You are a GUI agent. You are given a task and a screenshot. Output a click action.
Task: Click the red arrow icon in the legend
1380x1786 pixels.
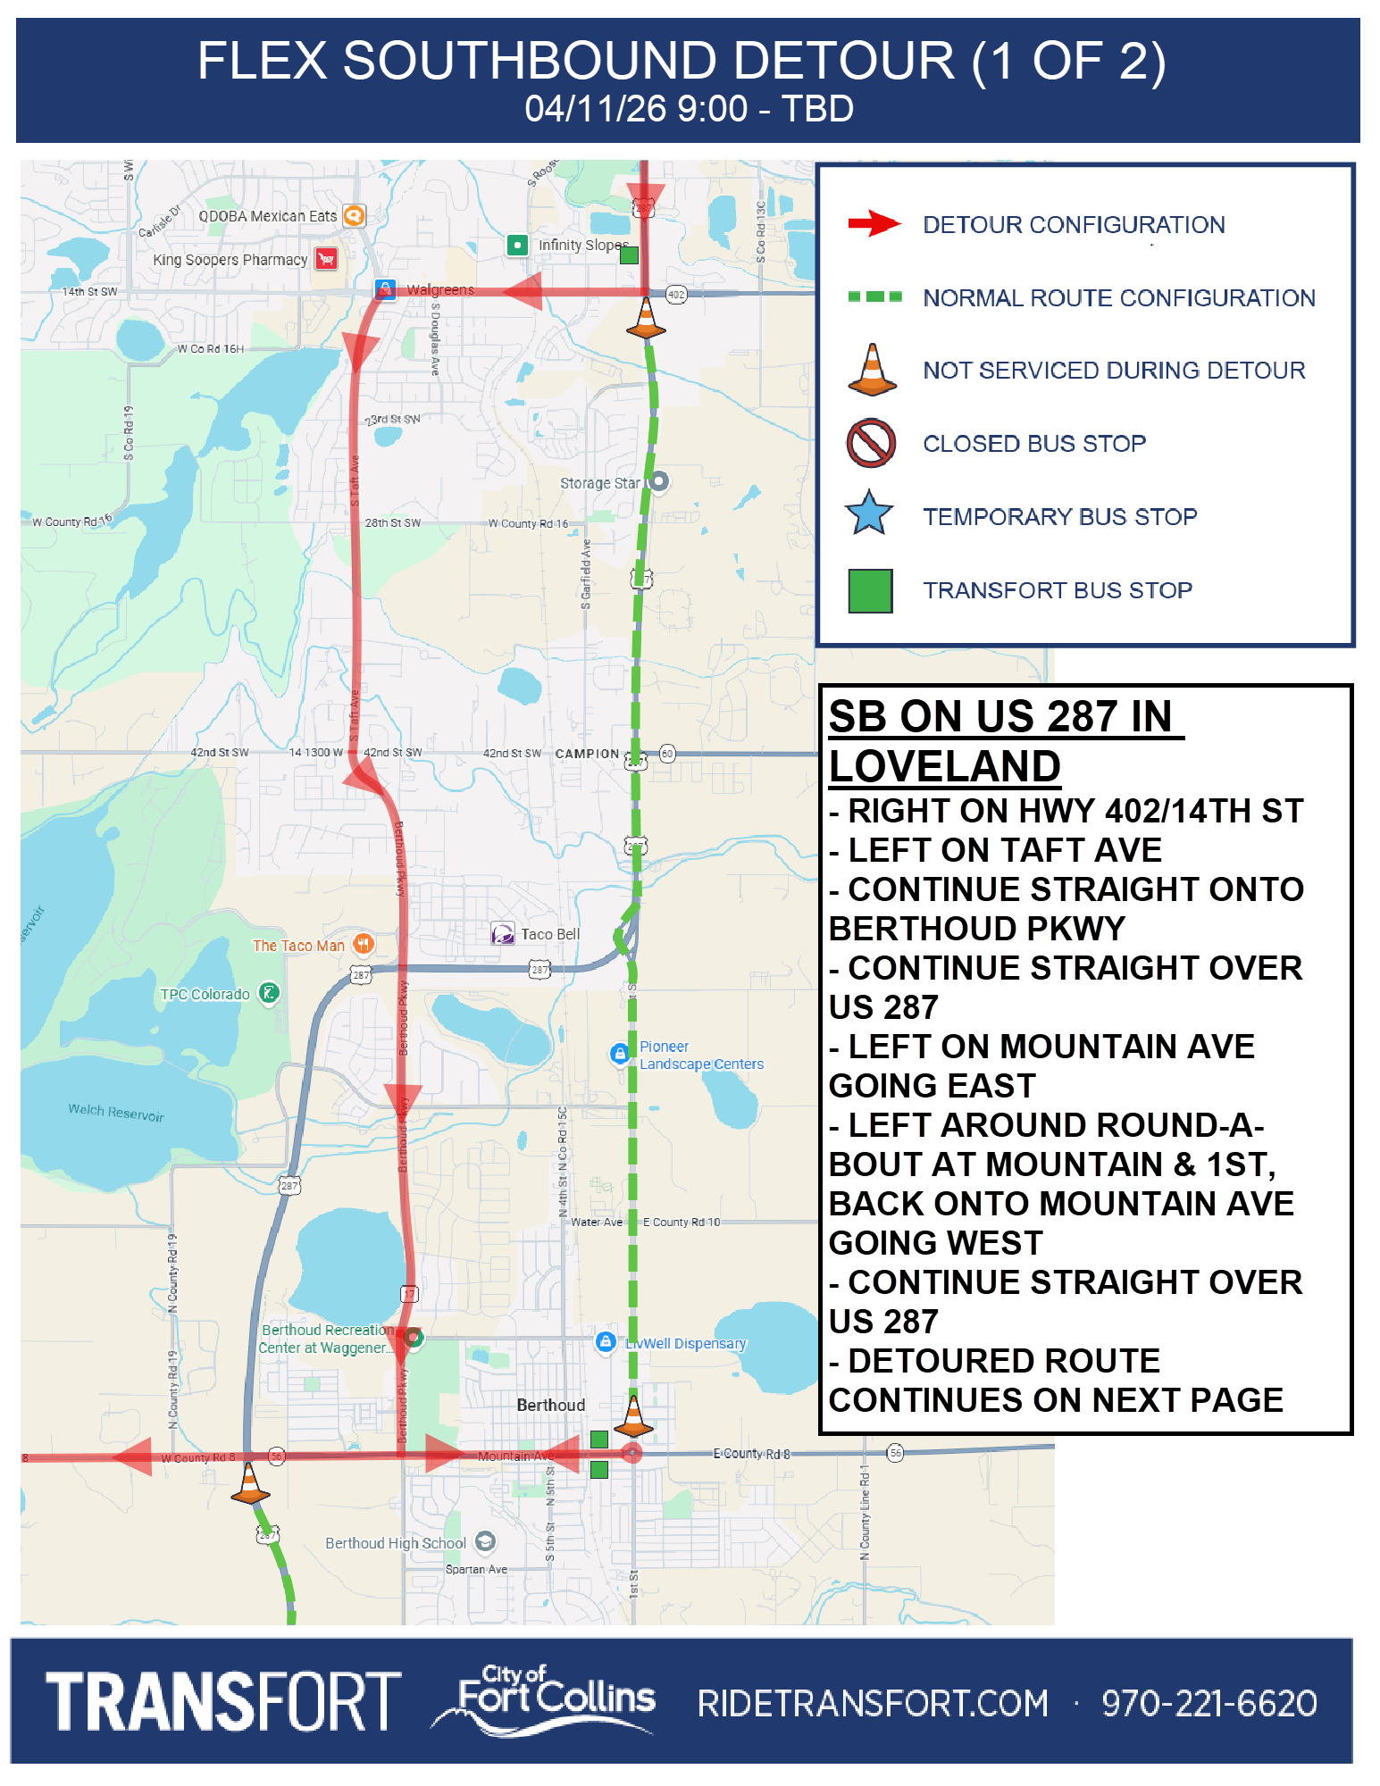click(874, 223)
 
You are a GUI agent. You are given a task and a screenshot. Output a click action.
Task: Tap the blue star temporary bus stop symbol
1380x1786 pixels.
click(869, 514)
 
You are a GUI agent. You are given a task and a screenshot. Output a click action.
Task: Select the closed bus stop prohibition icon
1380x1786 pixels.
click(871, 443)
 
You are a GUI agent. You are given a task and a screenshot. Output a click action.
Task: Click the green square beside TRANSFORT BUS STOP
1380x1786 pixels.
click(870, 590)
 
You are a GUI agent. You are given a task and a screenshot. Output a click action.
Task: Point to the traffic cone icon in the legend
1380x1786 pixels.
click(872, 370)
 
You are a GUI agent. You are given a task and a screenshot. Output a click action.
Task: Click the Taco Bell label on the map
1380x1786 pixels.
click(549, 934)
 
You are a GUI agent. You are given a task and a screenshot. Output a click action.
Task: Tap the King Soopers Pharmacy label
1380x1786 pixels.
click(230, 260)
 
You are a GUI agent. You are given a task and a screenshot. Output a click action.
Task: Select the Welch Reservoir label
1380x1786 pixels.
click(116, 1112)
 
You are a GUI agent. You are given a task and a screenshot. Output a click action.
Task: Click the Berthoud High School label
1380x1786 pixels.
click(395, 1543)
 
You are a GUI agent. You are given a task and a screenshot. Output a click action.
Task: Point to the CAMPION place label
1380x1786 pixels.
click(587, 754)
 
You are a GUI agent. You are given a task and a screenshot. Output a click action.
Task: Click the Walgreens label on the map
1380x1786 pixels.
click(440, 290)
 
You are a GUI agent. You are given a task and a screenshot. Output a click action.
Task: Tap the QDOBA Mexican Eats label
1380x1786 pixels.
click(267, 216)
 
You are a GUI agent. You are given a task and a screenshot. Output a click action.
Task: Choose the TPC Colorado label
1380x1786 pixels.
click(205, 994)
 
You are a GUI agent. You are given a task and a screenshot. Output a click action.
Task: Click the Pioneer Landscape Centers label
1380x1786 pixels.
click(700, 1056)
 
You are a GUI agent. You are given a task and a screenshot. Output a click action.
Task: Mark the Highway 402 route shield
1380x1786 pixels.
click(676, 295)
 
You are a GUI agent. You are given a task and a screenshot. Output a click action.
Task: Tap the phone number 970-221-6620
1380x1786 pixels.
click(1209, 1704)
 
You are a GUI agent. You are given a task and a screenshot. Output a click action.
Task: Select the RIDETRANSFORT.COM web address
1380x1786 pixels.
click(873, 1704)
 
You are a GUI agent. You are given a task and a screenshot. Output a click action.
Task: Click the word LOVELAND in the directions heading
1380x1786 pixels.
click(944, 766)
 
